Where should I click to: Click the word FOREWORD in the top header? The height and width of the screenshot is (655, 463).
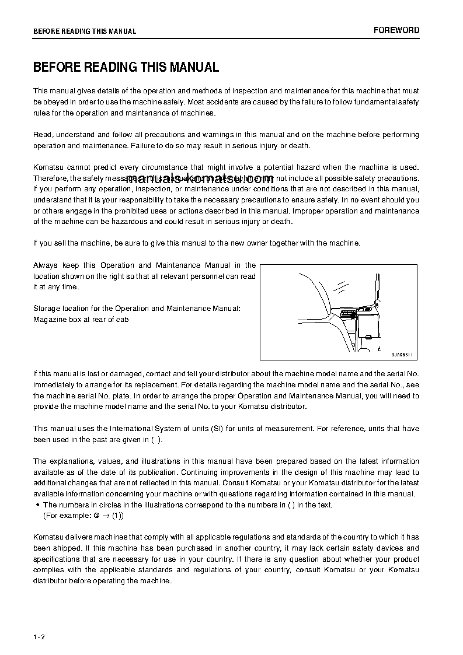click(x=396, y=30)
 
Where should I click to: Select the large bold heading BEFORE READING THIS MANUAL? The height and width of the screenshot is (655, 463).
click(x=126, y=67)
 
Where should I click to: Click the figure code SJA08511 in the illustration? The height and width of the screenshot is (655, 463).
click(x=402, y=355)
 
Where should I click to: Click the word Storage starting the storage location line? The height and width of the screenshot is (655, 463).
click(x=46, y=308)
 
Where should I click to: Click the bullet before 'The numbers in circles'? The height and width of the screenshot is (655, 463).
click(x=37, y=505)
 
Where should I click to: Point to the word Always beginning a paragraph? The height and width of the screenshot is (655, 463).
click(x=45, y=265)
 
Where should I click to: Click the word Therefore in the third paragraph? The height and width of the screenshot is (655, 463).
click(x=50, y=178)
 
